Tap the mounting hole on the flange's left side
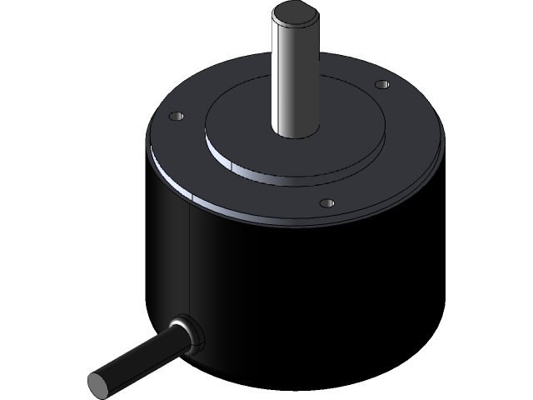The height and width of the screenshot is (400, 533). pyautogui.click(x=176, y=117)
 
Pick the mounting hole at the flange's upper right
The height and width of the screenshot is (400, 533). pyautogui.click(x=381, y=85)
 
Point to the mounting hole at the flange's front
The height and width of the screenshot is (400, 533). pyautogui.click(x=327, y=202)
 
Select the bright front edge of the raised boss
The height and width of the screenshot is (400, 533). pyautogui.click(x=275, y=176)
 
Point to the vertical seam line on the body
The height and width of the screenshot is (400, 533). pyautogui.click(x=191, y=258)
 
